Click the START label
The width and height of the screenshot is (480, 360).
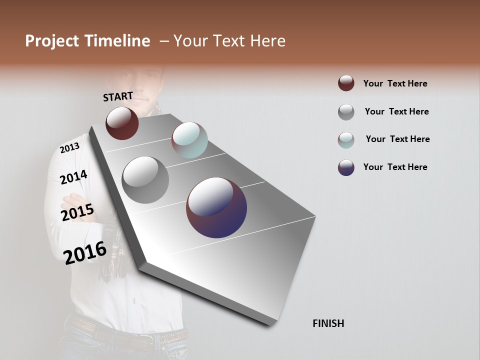tap(118, 96)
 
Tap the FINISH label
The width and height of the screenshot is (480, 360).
tap(328, 323)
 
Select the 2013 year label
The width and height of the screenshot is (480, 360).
tap(69, 147)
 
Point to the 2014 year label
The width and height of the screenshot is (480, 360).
tap(73, 177)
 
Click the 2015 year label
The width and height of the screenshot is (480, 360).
tap(77, 212)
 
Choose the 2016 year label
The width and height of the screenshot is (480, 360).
tap(85, 253)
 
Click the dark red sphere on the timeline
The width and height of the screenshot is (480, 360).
tap(122, 123)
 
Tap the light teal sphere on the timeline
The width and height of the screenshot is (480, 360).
tap(189, 139)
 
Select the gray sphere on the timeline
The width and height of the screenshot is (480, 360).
tap(145, 179)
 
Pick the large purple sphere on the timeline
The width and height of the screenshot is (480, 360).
tap(216, 207)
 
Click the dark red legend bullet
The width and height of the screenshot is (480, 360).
tap(346, 83)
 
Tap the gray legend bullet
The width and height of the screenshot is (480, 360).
tap(346, 112)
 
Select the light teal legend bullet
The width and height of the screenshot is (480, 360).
tap(346, 139)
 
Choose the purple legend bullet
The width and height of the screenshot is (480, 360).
tap(346, 167)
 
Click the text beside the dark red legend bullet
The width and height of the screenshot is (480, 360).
tap(395, 83)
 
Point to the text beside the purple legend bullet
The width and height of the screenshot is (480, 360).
tap(395, 167)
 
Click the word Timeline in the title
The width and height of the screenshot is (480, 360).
tap(117, 41)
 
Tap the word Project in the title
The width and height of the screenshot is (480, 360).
tap(51, 41)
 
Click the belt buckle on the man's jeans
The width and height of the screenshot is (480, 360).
tap(146, 342)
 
